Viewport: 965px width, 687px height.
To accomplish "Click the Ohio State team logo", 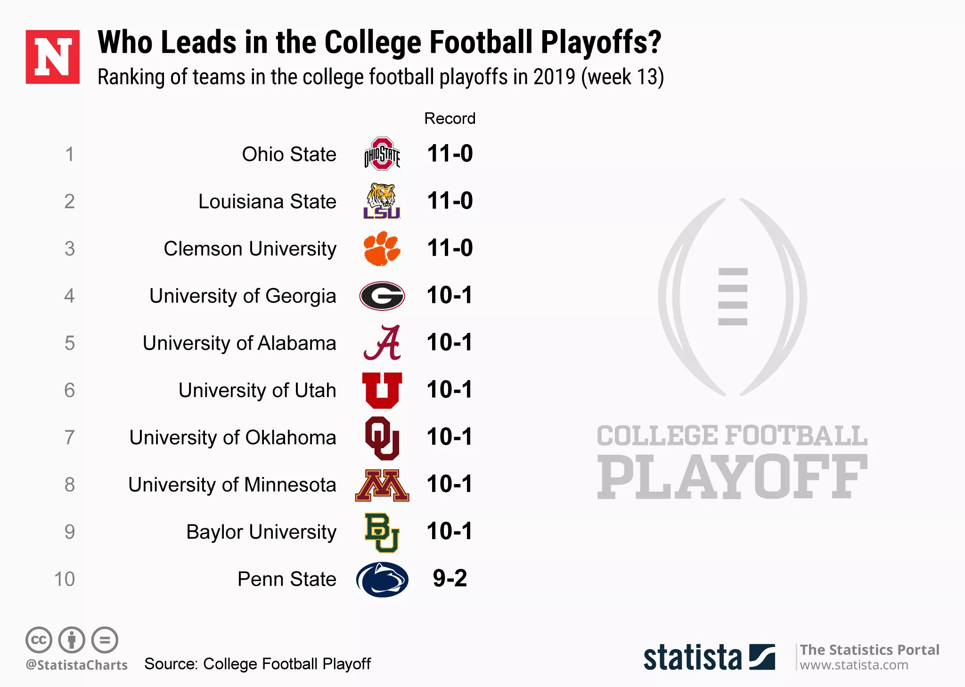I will [382, 154].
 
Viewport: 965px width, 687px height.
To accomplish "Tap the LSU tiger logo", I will [382, 202].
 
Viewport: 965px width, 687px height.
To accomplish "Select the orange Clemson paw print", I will [382, 248].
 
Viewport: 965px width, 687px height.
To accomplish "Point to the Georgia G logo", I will [382, 296].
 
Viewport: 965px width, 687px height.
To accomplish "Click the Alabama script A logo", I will [382, 343].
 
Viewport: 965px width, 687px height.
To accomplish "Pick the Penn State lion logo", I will [382, 579].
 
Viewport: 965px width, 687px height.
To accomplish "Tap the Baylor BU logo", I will [382, 532].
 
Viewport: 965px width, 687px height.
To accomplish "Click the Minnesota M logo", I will [382, 485].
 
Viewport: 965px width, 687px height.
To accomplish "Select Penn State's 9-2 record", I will [450, 578].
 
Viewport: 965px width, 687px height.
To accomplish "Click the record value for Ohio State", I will [450, 154].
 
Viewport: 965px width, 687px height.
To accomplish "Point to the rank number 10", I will [65, 579].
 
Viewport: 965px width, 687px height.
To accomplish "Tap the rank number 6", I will [69, 390].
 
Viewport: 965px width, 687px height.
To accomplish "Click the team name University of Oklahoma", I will [233, 437].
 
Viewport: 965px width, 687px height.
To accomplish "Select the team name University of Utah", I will [257, 390].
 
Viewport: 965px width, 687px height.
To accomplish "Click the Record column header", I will [450, 118].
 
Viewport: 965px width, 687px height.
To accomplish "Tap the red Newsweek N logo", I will [53, 57].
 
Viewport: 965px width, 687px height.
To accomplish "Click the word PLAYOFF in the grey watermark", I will [732, 477].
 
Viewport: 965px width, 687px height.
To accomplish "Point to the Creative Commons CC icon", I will [39, 640].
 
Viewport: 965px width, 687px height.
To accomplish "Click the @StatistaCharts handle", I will [77, 665].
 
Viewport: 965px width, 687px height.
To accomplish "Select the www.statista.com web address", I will [854, 665].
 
